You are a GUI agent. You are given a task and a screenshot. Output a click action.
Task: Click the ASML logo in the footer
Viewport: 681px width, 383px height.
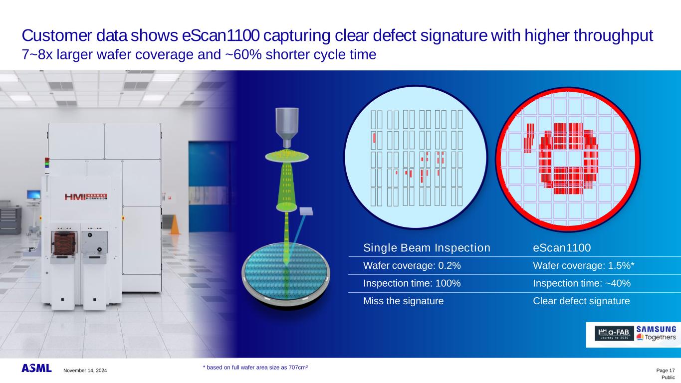(x=36, y=368)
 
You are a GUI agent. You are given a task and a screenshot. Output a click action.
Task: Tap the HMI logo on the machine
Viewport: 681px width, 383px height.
(x=86, y=197)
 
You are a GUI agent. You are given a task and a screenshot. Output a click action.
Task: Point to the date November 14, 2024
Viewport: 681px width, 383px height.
(x=85, y=370)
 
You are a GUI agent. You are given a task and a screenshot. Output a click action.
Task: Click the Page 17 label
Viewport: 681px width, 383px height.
(x=666, y=370)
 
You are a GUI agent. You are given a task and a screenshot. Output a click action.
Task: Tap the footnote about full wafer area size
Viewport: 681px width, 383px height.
(x=255, y=368)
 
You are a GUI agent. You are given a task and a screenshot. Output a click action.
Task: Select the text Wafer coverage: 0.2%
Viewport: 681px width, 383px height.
(x=412, y=266)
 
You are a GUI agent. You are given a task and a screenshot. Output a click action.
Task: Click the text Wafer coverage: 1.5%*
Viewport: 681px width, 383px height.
(x=584, y=266)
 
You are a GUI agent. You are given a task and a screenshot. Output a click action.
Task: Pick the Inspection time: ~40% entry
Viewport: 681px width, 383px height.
(x=582, y=283)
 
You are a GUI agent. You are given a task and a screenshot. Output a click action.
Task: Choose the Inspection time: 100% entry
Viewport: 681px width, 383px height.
(x=412, y=283)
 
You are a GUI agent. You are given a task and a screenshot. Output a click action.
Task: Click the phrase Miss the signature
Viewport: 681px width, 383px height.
(x=404, y=301)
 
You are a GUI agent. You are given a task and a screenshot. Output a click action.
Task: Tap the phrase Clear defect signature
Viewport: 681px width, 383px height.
(x=581, y=301)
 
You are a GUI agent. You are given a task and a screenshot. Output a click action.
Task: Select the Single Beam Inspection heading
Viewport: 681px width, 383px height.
(x=427, y=248)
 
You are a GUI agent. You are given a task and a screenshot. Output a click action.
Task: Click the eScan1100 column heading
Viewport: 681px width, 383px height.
(x=562, y=248)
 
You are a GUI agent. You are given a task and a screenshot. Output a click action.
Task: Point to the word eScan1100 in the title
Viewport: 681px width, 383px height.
(x=221, y=35)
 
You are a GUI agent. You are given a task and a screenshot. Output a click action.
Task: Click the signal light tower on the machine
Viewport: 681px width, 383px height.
(x=47, y=163)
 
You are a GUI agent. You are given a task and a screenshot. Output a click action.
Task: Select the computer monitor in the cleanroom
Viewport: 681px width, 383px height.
(x=33, y=194)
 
